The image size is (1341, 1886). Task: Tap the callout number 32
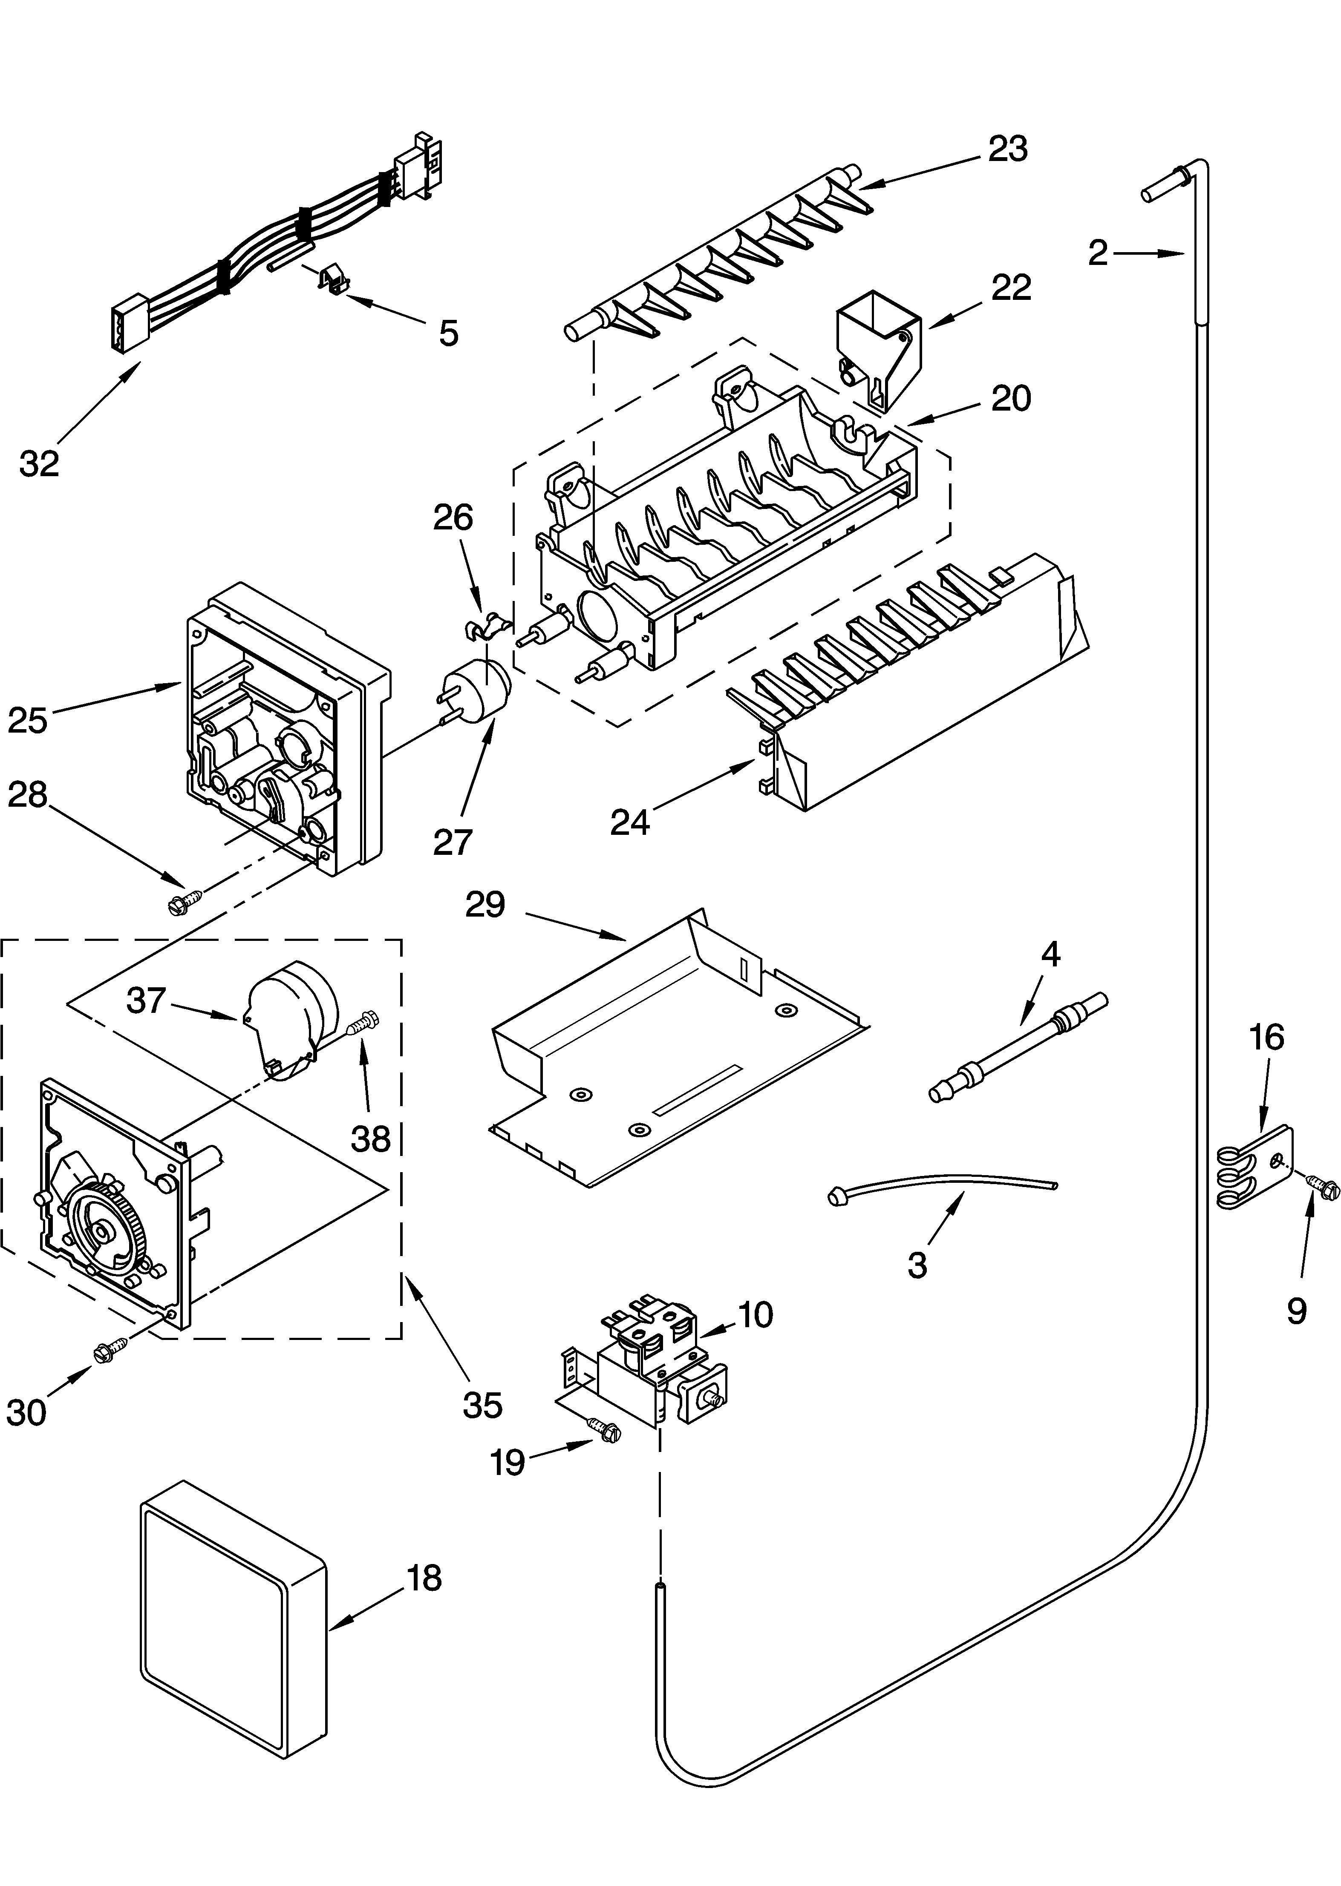pyautogui.click(x=40, y=464)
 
